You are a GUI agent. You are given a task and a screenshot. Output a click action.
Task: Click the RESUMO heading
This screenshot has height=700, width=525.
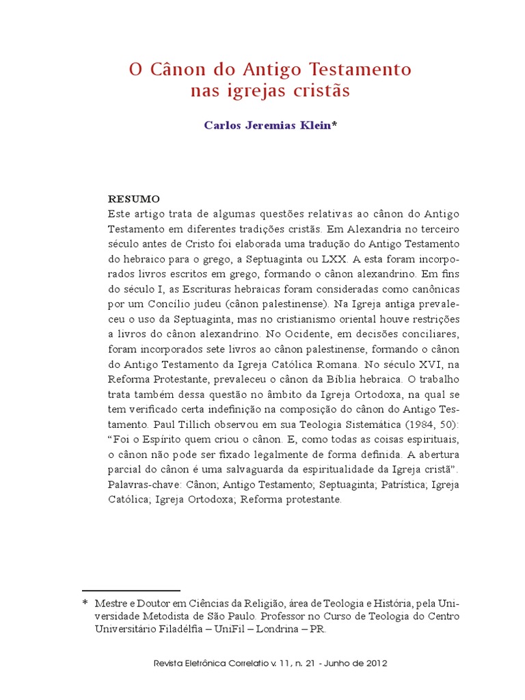[x=134, y=199]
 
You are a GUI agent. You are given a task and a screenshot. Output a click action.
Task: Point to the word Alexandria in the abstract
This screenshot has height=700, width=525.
[x=376, y=229]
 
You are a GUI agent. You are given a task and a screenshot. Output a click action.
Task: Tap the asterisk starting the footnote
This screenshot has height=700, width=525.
[x=85, y=604]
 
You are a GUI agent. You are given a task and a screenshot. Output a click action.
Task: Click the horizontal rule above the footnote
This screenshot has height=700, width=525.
[x=131, y=590]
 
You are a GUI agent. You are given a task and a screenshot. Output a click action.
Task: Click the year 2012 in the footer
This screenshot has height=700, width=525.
[x=376, y=663]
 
